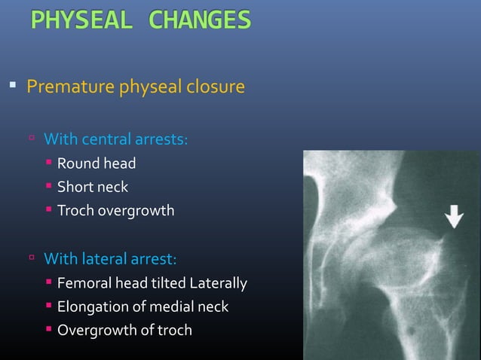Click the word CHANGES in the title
(200, 20)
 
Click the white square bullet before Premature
(13, 85)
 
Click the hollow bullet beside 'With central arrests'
(32, 139)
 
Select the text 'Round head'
(97, 163)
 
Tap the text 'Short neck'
(93, 187)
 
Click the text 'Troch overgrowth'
(115, 211)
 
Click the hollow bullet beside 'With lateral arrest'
(32, 258)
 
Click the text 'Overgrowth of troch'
(124, 330)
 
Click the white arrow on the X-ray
(454, 217)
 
